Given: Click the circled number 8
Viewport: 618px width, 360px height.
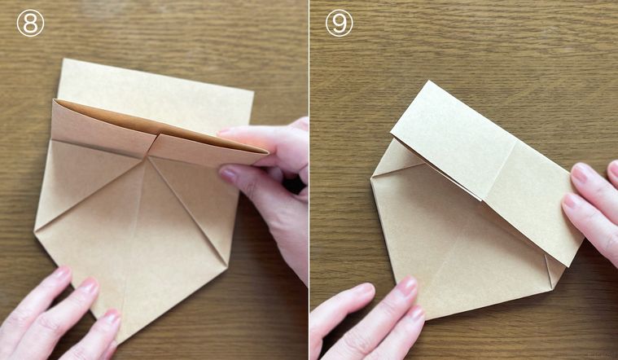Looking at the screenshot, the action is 30,24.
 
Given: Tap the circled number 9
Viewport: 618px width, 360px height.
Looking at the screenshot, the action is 339,24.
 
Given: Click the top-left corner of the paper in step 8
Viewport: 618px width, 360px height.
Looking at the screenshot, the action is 64,59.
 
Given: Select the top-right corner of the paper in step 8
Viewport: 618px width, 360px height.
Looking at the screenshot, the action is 253,92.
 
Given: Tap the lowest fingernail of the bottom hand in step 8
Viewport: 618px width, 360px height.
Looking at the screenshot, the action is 112,317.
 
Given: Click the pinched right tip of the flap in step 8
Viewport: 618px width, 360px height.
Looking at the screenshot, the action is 268,151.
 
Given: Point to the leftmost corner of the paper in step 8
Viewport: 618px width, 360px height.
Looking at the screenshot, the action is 35,233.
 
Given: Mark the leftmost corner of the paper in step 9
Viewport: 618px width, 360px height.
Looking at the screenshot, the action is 371,178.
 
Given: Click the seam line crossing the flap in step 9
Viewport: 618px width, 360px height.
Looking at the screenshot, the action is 499,171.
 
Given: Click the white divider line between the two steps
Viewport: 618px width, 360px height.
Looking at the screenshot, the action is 309,180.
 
